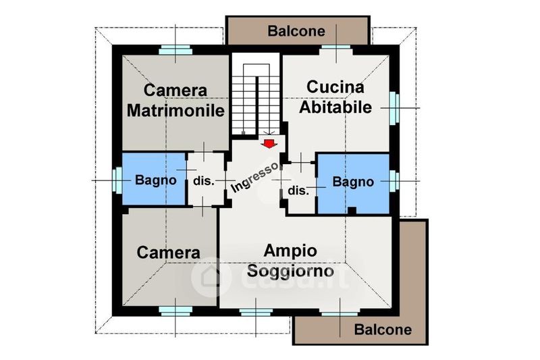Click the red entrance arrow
click(269, 143)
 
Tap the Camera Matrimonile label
click(175, 100)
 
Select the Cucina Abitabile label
click(335, 97)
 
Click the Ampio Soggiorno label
click(290, 260)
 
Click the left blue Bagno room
click(154, 180)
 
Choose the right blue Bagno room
click(353, 182)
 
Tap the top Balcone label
click(296, 31)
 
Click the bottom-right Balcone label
click(383, 330)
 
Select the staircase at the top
click(256, 95)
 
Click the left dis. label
click(204, 181)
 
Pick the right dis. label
click(298, 190)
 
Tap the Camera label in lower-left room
click(169, 253)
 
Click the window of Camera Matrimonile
click(175, 49)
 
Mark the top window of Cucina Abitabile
click(336, 49)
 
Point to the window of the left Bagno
click(117, 180)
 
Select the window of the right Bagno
click(394, 181)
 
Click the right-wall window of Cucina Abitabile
click(394, 107)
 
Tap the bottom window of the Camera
click(175, 311)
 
